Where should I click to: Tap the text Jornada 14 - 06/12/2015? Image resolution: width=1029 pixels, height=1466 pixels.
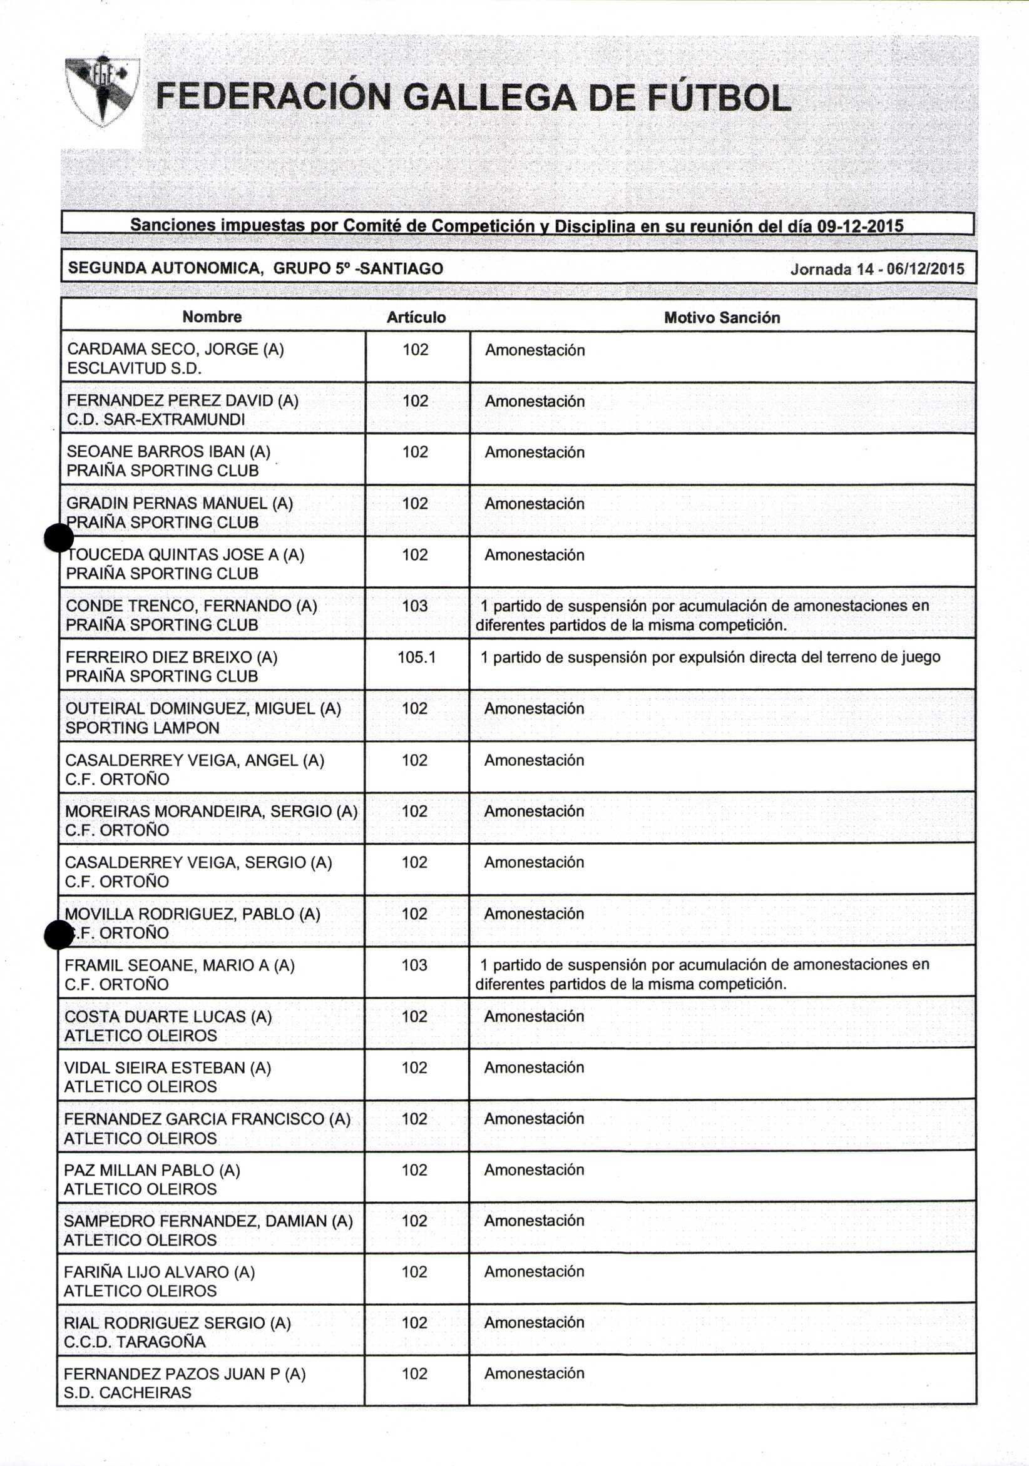877,269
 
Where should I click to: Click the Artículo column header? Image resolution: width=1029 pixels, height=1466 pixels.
416,317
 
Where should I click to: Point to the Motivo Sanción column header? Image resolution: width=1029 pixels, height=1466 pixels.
722,317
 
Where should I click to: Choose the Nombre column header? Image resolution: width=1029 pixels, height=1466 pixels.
212,317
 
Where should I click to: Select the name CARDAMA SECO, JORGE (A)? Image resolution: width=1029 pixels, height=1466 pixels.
176,349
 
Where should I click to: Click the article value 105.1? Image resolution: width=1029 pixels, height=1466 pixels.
416,657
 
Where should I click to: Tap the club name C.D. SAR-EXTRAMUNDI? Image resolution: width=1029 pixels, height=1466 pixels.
156,419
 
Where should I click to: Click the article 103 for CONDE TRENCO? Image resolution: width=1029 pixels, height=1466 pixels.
415,605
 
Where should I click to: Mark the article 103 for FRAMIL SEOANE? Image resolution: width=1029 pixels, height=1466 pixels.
414,965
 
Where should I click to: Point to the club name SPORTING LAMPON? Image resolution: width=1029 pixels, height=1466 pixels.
143,728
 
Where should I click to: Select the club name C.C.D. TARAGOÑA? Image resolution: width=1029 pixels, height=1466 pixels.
135,1341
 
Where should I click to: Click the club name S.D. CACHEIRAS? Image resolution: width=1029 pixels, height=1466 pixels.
128,1393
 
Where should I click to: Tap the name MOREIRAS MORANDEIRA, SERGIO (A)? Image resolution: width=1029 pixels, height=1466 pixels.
212,811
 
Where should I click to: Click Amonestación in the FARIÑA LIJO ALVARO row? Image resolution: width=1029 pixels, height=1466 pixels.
534,1271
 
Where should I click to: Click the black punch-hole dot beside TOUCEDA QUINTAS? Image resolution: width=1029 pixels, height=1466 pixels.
59,537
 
